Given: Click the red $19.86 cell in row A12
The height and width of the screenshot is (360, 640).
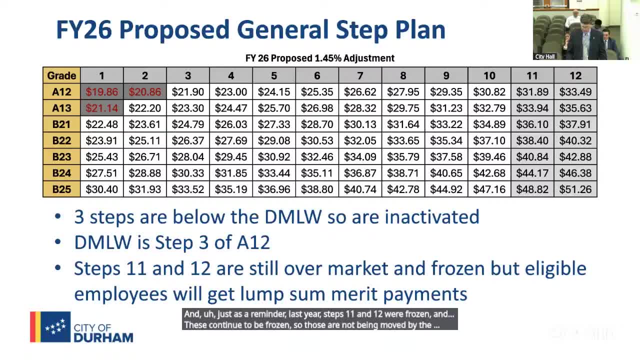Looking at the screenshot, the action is [x=102, y=91].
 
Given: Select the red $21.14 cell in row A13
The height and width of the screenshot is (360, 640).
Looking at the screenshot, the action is [x=102, y=108].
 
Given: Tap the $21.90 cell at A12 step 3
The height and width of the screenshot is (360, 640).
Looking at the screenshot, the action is [x=188, y=91].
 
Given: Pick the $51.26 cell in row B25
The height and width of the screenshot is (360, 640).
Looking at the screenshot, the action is [x=575, y=189].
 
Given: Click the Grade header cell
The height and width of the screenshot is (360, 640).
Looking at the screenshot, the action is [x=61, y=75].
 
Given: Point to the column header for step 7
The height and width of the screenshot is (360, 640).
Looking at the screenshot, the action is [x=360, y=75].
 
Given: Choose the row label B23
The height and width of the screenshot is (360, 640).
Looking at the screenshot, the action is [x=61, y=157].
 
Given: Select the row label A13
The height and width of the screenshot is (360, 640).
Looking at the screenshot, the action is [x=61, y=108].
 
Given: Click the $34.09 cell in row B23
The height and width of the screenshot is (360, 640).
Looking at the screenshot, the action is [x=360, y=157].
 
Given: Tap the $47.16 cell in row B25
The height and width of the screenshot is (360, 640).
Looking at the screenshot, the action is [x=489, y=189].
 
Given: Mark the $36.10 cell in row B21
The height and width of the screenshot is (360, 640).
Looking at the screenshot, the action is [x=532, y=124].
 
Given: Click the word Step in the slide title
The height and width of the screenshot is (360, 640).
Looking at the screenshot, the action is [x=362, y=30].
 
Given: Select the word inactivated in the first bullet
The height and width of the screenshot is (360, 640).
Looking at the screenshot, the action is [x=431, y=217].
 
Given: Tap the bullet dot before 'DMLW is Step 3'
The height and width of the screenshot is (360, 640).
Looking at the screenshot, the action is [x=57, y=242].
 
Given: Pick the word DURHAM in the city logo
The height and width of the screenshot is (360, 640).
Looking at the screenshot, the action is [x=103, y=337].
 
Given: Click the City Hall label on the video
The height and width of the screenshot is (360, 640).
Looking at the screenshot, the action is [x=545, y=56].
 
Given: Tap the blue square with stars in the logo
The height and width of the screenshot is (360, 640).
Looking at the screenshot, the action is [x=55, y=327].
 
